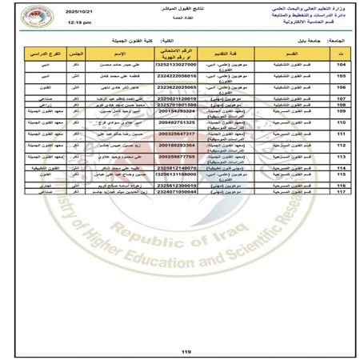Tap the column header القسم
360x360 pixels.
coord(288,54)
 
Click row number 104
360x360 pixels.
coord(341,66)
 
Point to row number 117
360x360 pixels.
coord(341,192)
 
